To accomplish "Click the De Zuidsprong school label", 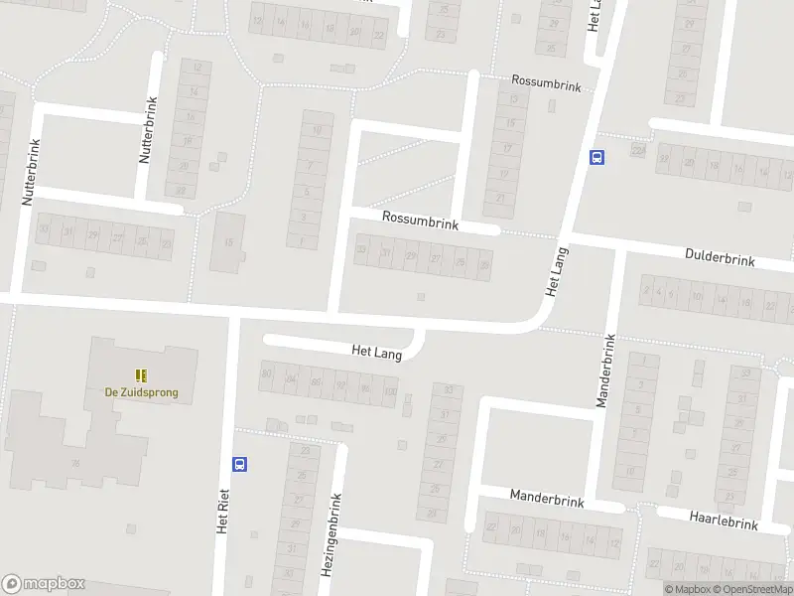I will click(x=142, y=392).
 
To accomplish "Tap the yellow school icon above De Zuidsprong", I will click(x=142, y=375).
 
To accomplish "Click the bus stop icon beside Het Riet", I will click(x=239, y=463).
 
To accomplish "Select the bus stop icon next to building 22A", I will click(x=597, y=157).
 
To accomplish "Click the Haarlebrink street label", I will click(x=723, y=520).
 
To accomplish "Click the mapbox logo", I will click(x=44, y=584).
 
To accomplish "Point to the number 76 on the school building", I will click(x=75, y=463).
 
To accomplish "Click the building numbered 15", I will click(x=227, y=241).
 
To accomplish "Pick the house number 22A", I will click(x=637, y=149).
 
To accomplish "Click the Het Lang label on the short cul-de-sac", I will click(x=377, y=352).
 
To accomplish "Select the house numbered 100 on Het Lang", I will click(x=389, y=391).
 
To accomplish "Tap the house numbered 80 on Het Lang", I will click(x=265, y=373).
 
